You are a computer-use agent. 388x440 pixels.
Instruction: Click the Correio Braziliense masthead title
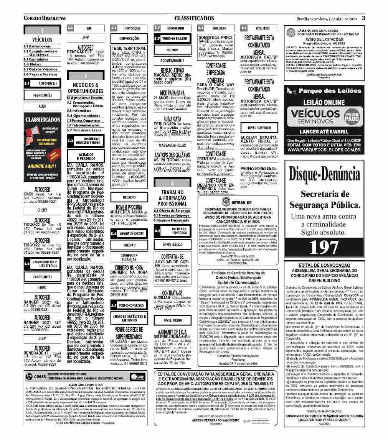pos(45,18)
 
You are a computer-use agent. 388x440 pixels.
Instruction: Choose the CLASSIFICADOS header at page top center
pos(194,18)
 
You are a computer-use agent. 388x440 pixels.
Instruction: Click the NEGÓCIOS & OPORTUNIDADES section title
pos(85,88)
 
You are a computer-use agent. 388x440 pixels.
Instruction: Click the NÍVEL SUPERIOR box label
pos(259,128)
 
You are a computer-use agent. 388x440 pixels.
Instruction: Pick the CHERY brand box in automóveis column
pos(42,210)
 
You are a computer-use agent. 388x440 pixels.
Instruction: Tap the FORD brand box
pos(42,287)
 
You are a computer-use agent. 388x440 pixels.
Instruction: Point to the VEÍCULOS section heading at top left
pos(42,39)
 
